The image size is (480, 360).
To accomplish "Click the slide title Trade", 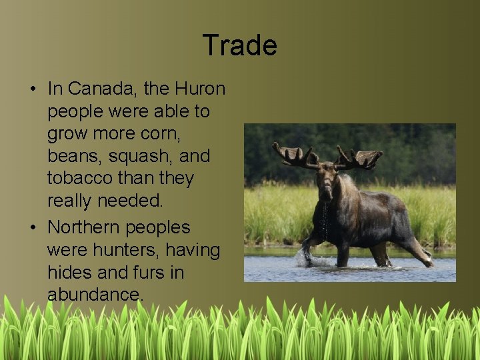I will (239, 45).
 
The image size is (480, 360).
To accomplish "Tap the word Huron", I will (200, 89).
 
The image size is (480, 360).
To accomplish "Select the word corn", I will (164, 134).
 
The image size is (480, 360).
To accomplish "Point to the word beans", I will (73, 157).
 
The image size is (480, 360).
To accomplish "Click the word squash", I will (140, 157).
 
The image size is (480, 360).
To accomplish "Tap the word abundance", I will (95, 295).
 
